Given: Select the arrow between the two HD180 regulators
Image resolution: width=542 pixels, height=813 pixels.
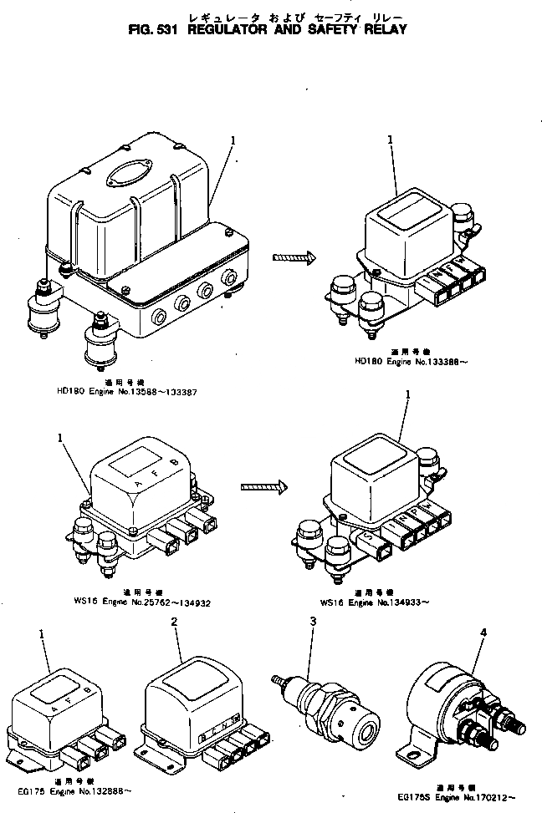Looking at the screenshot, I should point(294,257).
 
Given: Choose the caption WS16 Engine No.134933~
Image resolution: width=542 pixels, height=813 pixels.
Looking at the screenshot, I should point(386,601).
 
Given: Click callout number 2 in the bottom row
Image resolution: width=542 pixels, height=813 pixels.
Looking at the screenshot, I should point(173,622).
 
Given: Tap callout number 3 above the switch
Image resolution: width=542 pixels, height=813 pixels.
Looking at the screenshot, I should point(312,622).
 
